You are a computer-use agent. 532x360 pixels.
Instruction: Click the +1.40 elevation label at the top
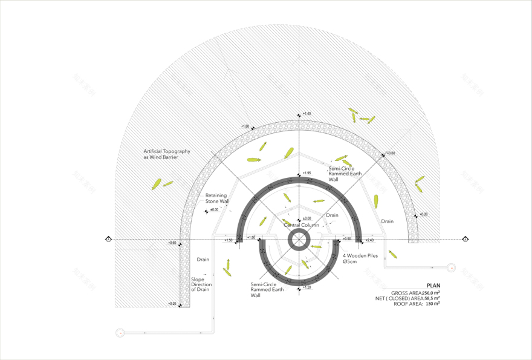[x=307, y=114]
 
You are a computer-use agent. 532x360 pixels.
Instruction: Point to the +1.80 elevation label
[x=245, y=126]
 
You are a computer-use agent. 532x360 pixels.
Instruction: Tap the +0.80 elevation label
[x=391, y=153]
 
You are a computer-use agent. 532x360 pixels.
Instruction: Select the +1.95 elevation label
[x=307, y=173]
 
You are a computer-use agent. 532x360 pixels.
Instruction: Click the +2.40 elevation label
[x=369, y=240]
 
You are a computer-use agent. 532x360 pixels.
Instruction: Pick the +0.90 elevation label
[x=347, y=239]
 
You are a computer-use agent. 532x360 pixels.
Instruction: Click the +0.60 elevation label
[x=173, y=243]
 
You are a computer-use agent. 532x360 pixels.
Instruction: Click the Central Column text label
[x=301, y=225]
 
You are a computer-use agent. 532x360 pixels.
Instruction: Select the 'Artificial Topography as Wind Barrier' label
[x=167, y=154]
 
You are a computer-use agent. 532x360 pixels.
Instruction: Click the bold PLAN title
[x=433, y=286]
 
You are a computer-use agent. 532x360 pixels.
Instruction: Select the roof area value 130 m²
[x=432, y=304]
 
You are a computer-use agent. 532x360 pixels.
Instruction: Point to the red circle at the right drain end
[x=451, y=267]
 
